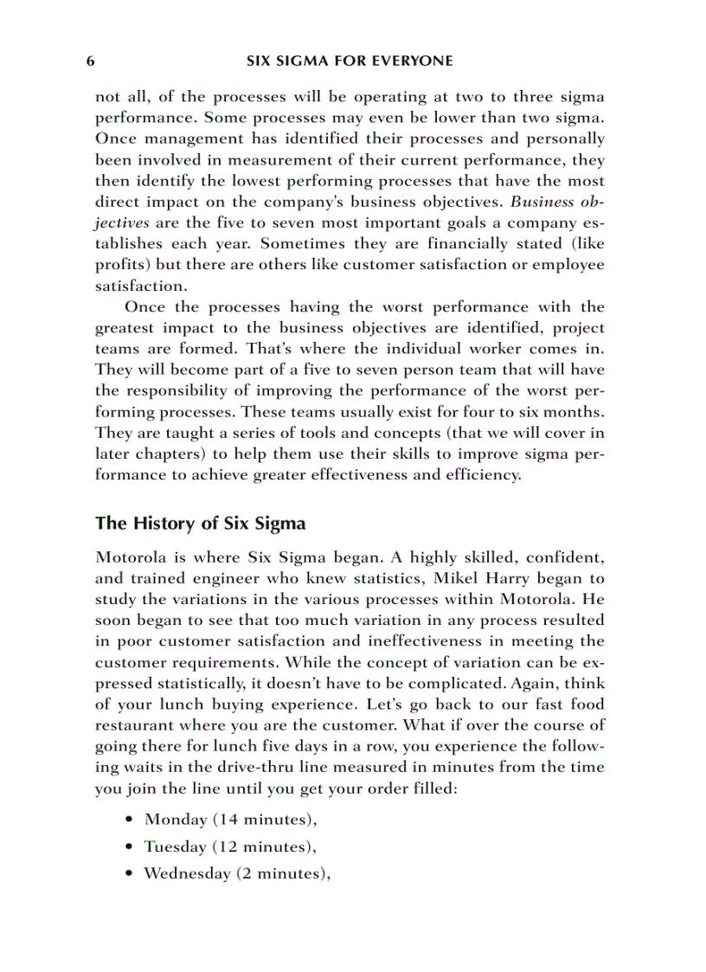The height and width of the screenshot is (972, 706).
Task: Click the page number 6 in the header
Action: tap(90, 61)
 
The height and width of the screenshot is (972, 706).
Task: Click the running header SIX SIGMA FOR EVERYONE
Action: tap(350, 61)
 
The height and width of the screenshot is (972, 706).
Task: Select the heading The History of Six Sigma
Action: tap(200, 524)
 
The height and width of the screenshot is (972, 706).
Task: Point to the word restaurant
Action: tap(135, 724)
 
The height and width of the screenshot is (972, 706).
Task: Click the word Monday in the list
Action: tap(176, 819)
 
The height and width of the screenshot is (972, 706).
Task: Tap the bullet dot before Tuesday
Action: tap(129, 847)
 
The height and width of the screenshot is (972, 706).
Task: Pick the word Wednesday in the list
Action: tap(186, 873)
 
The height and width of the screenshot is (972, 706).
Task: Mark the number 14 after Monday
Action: tap(228, 819)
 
